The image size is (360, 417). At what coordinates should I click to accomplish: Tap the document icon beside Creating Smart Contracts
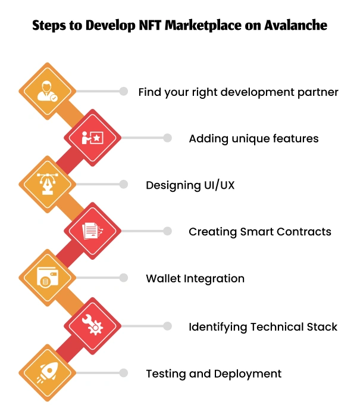click(92, 231)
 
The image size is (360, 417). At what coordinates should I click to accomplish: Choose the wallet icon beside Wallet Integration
click(47, 278)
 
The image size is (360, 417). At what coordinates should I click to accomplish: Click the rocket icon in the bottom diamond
click(47, 373)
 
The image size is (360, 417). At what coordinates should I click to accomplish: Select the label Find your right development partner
click(238, 92)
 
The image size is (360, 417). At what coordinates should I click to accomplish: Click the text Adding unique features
click(253, 139)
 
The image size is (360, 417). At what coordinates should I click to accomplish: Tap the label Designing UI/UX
click(190, 185)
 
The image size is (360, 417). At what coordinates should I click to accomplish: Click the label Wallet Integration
click(195, 278)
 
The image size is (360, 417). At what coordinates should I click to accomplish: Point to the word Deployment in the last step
click(251, 374)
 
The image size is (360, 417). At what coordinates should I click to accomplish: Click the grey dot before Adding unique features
click(168, 138)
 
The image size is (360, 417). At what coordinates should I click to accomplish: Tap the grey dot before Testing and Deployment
click(124, 373)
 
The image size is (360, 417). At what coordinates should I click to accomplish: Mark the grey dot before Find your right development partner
click(124, 91)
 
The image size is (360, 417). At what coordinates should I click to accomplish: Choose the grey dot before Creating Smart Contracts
click(168, 231)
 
